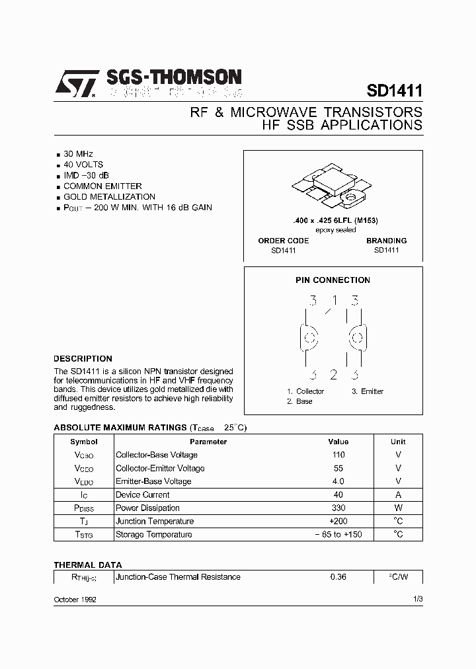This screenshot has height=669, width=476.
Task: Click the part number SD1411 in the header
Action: (395, 90)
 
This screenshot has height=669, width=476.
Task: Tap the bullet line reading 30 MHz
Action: (78, 153)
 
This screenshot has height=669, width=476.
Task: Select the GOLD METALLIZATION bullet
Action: (109, 196)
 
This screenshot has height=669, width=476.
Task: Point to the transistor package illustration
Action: (333, 186)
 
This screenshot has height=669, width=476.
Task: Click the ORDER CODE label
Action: (283, 241)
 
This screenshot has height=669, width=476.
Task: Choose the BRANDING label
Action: (386, 241)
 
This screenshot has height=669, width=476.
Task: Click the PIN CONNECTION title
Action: (333, 280)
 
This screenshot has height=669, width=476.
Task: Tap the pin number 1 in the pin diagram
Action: (335, 301)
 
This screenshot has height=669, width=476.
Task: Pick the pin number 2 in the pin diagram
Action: (334, 375)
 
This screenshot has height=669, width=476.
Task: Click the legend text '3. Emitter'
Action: (368, 391)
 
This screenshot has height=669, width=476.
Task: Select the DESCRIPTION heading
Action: (83, 359)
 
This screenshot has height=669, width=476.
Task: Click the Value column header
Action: (338, 442)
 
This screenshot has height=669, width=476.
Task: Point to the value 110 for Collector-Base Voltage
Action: (338, 455)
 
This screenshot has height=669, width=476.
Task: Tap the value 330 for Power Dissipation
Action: (338, 508)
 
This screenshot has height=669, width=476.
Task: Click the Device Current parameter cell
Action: (142, 494)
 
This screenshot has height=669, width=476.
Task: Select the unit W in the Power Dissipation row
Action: (398, 508)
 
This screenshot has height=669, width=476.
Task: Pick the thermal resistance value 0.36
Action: (338, 577)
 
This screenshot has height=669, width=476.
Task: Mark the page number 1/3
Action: (417, 599)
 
